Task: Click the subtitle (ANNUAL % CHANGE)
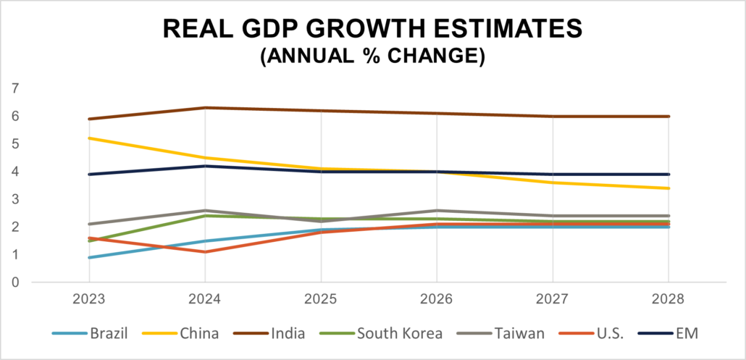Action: [372, 56]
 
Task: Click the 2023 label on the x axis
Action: [89, 299]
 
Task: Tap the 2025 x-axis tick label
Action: [321, 299]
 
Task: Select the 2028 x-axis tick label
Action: [669, 299]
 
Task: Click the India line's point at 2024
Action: [205, 108]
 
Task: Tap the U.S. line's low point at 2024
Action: [205, 252]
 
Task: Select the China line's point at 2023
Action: [89, 138]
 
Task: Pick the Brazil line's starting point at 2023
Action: [89, 257]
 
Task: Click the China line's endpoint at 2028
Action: [669, 188]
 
